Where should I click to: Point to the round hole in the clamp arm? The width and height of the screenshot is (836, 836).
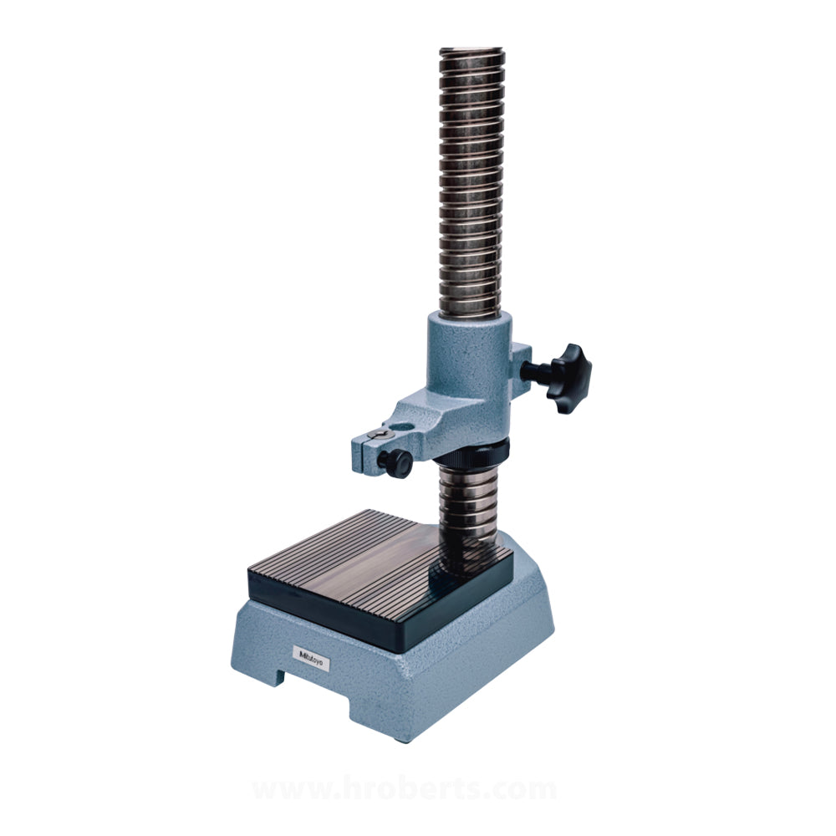[381, 435]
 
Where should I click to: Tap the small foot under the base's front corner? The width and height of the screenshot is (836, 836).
[400, 739]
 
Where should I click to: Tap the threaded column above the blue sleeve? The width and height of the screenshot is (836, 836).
[472, 184]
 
